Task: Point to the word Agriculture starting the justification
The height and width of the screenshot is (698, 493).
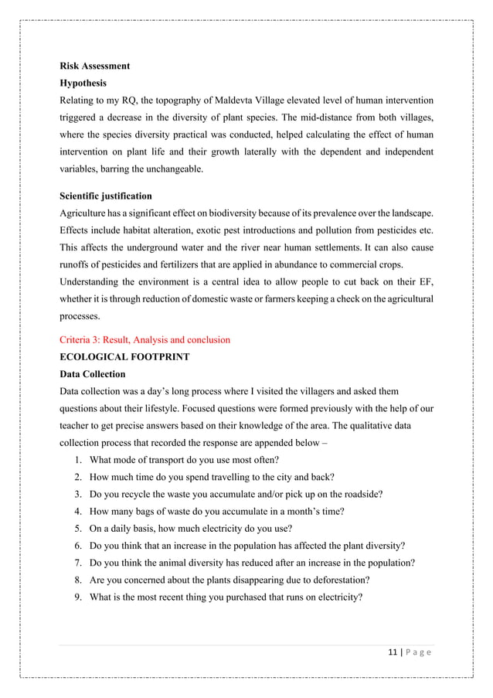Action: point(84,213)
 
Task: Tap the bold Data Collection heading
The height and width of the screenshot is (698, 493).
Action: point(92,374)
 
